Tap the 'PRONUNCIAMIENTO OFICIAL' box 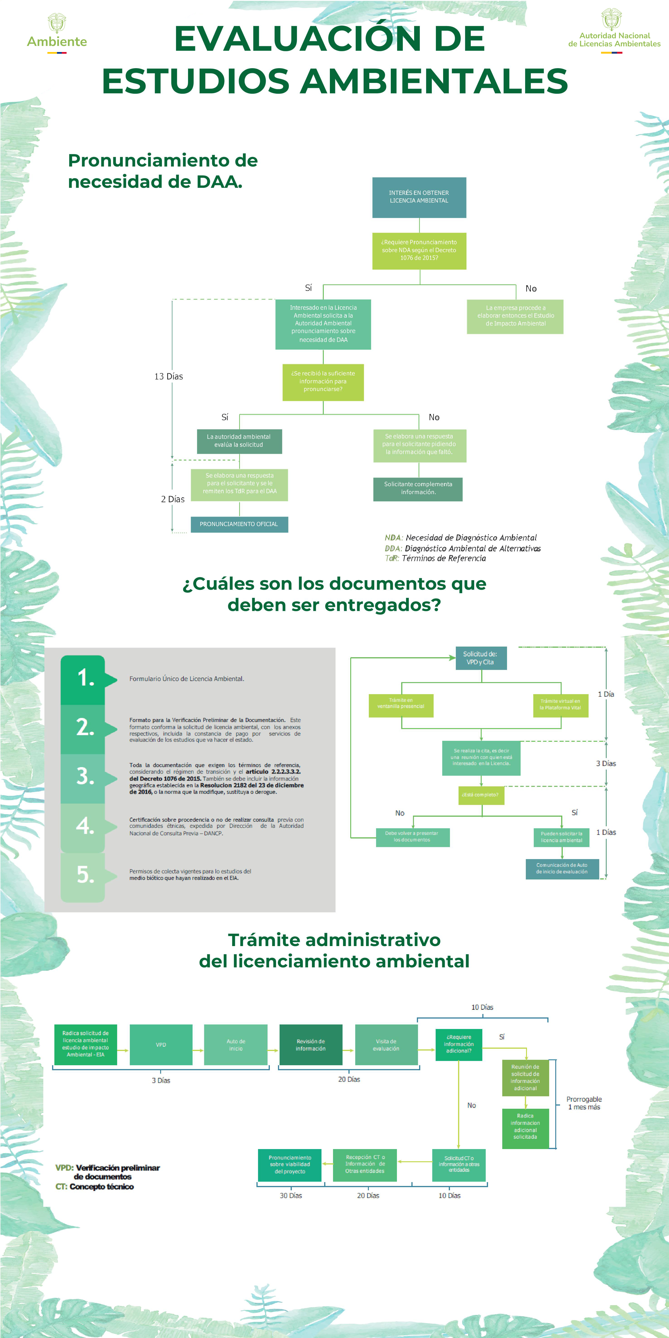[x=239, y=524]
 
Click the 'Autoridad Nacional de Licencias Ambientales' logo [x=614, y=31]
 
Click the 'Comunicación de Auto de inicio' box [x=562, y=868]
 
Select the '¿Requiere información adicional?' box [x=459, y=1044]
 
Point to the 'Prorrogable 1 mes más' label [x=584, y=1103]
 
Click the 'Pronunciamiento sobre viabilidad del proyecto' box [x=290, y=1164]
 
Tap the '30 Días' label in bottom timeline [x=291, y=1195]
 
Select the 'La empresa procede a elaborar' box [x=515, y=316]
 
